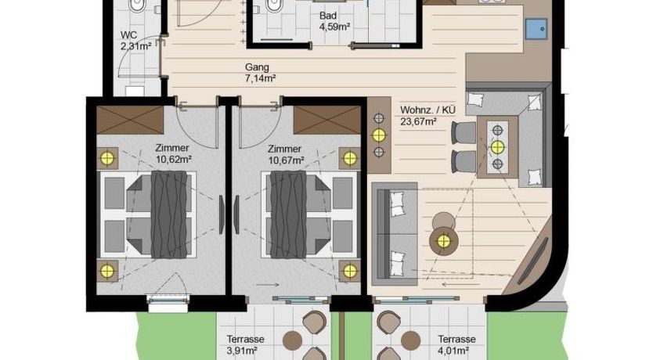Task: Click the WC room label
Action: [x=128, y=35]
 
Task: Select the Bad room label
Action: [x=328, y=16]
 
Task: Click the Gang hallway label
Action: [x=258, y=67]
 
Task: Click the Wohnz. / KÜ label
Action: [x=429, y=110]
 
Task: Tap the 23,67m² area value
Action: [x=418, y=121]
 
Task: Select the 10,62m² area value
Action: [x=174, y=160]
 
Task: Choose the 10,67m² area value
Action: [x=285, y=160]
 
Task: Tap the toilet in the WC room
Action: [x=138, y=8]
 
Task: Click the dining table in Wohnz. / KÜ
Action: [x=498, y=147]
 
